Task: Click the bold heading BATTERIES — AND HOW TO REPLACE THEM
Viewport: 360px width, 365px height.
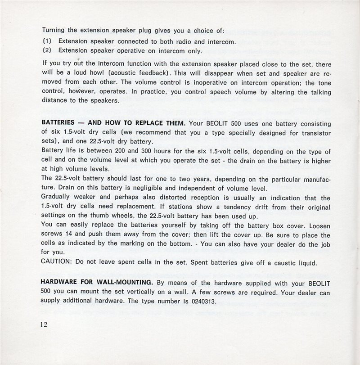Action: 113,123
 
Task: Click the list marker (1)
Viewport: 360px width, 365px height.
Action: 47,42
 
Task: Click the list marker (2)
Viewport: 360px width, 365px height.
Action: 47,50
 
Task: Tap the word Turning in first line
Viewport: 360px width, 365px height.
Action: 54,31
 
